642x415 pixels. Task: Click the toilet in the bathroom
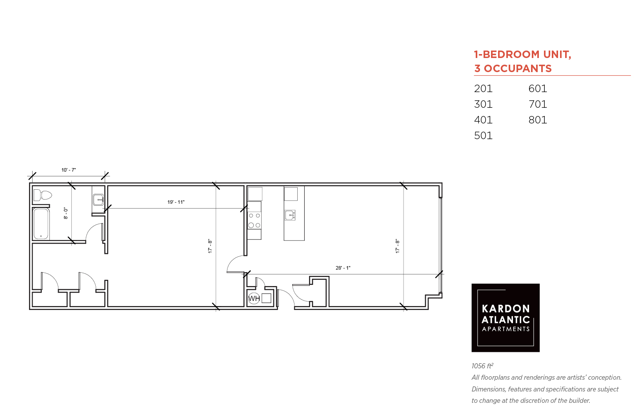[x=42, y=195]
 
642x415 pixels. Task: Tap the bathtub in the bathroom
[x=41, y=224]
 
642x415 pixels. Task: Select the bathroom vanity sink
[x=98, y=199]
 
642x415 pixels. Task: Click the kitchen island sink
[x=290, y=215]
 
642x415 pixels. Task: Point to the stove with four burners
[x=255, y=221]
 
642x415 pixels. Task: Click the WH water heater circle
[x=254, y=299]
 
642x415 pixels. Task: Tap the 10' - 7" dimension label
[x=69, y=170]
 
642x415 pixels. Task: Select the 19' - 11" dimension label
[x=176, y=202]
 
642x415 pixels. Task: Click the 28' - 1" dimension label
[x=343, y=268]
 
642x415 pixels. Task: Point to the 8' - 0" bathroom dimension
[x=66, y=213]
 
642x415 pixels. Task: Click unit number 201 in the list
[x=483, y=89]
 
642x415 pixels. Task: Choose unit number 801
[x=538, y=120]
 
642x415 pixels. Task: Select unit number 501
[x=483, y=136]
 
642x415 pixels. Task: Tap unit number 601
[x=538, y=89]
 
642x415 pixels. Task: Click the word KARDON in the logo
[x=506, y=309]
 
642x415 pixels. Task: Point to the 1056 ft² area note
[x=482, y=366]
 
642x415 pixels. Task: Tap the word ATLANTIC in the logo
[x=506, y=320]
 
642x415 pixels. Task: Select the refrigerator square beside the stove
[x=255, y=194]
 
